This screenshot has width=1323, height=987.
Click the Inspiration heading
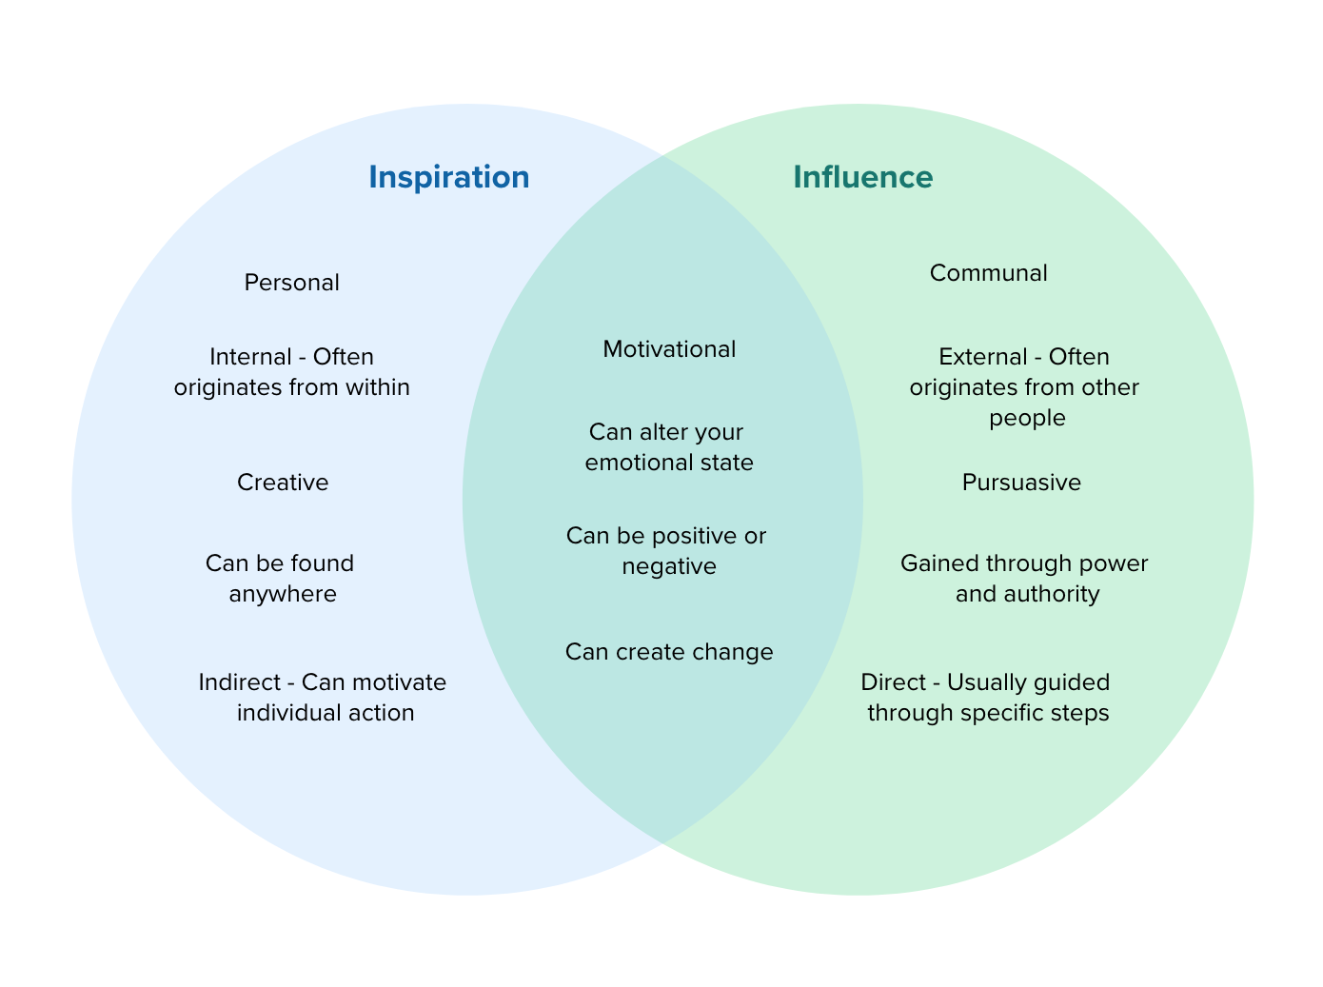(x=448, y=178)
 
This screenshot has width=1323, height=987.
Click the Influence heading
(x=862, y=178)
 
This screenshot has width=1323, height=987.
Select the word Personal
(x=291, y=283)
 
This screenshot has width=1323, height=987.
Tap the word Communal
(x=988, y=273)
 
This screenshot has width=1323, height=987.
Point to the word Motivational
(x=669, y=349)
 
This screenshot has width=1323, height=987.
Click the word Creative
(x=283, y=483)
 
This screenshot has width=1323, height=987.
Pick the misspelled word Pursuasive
(x=1021, y=483)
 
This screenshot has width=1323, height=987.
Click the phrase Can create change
(x=669, y=652)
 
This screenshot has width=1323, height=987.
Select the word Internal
(x=250, y=357)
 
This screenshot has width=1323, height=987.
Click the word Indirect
(x=239, y=682)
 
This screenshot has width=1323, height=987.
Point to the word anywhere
(x=283, y=595)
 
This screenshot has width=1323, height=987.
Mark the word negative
(x=669, y=567)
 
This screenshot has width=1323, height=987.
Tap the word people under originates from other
(x=1027, y=419)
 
